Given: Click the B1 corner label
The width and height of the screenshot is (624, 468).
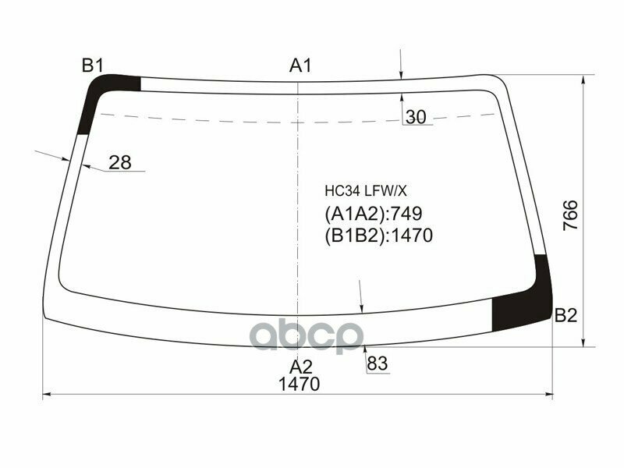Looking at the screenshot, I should pyautogui.click(x=93, y=66).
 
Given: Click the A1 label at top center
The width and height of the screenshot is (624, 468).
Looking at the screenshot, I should pyautogui.click(x=301, y=66).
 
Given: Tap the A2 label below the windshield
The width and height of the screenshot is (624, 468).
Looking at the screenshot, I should pyautogui.click(x=301, y=367).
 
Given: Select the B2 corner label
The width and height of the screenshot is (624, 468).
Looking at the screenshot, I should pyautogui.click(x=565, y=316).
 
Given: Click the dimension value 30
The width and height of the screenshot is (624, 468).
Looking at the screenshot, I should pyautogui.click(x=416, y=118).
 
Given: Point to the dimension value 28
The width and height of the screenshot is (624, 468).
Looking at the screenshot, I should pyautogui.click(x=119, y=162).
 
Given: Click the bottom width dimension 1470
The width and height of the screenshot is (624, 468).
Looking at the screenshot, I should pyautogui.click(x=300, y=385).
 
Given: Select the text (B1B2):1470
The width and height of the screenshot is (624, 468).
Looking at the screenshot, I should pyautogui.click(x=378, y=236).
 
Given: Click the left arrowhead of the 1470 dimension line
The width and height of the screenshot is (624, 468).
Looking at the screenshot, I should pyautogui.click(x=45, y=395).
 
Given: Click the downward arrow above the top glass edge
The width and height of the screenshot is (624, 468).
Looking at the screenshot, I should pyautogui.click(x=400, y=75).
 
